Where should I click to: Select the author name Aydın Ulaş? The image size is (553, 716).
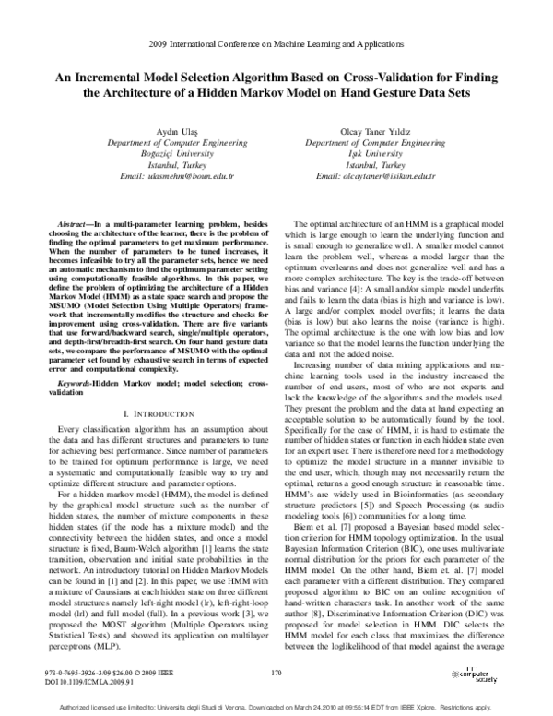[164, 132]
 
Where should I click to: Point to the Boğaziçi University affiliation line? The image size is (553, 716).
[164, 154]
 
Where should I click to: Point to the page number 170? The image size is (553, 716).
[276, 674]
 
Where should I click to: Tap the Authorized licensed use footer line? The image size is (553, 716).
[276, 706]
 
